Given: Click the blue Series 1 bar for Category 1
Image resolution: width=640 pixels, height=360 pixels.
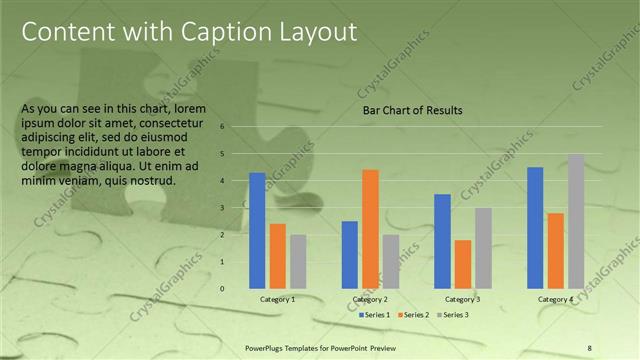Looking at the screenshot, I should tap(257, 230).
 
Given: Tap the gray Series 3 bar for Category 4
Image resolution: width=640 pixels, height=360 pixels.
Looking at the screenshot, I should tap(576, 221).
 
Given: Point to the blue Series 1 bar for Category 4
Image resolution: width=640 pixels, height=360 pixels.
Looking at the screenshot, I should tap(535, 227).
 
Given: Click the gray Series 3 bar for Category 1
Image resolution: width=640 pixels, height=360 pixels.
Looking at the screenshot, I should tap(298, 261).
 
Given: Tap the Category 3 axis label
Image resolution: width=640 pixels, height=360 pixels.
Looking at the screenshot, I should tap(463, 299).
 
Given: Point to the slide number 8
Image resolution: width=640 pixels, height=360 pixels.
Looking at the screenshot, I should tap(590, 347).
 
